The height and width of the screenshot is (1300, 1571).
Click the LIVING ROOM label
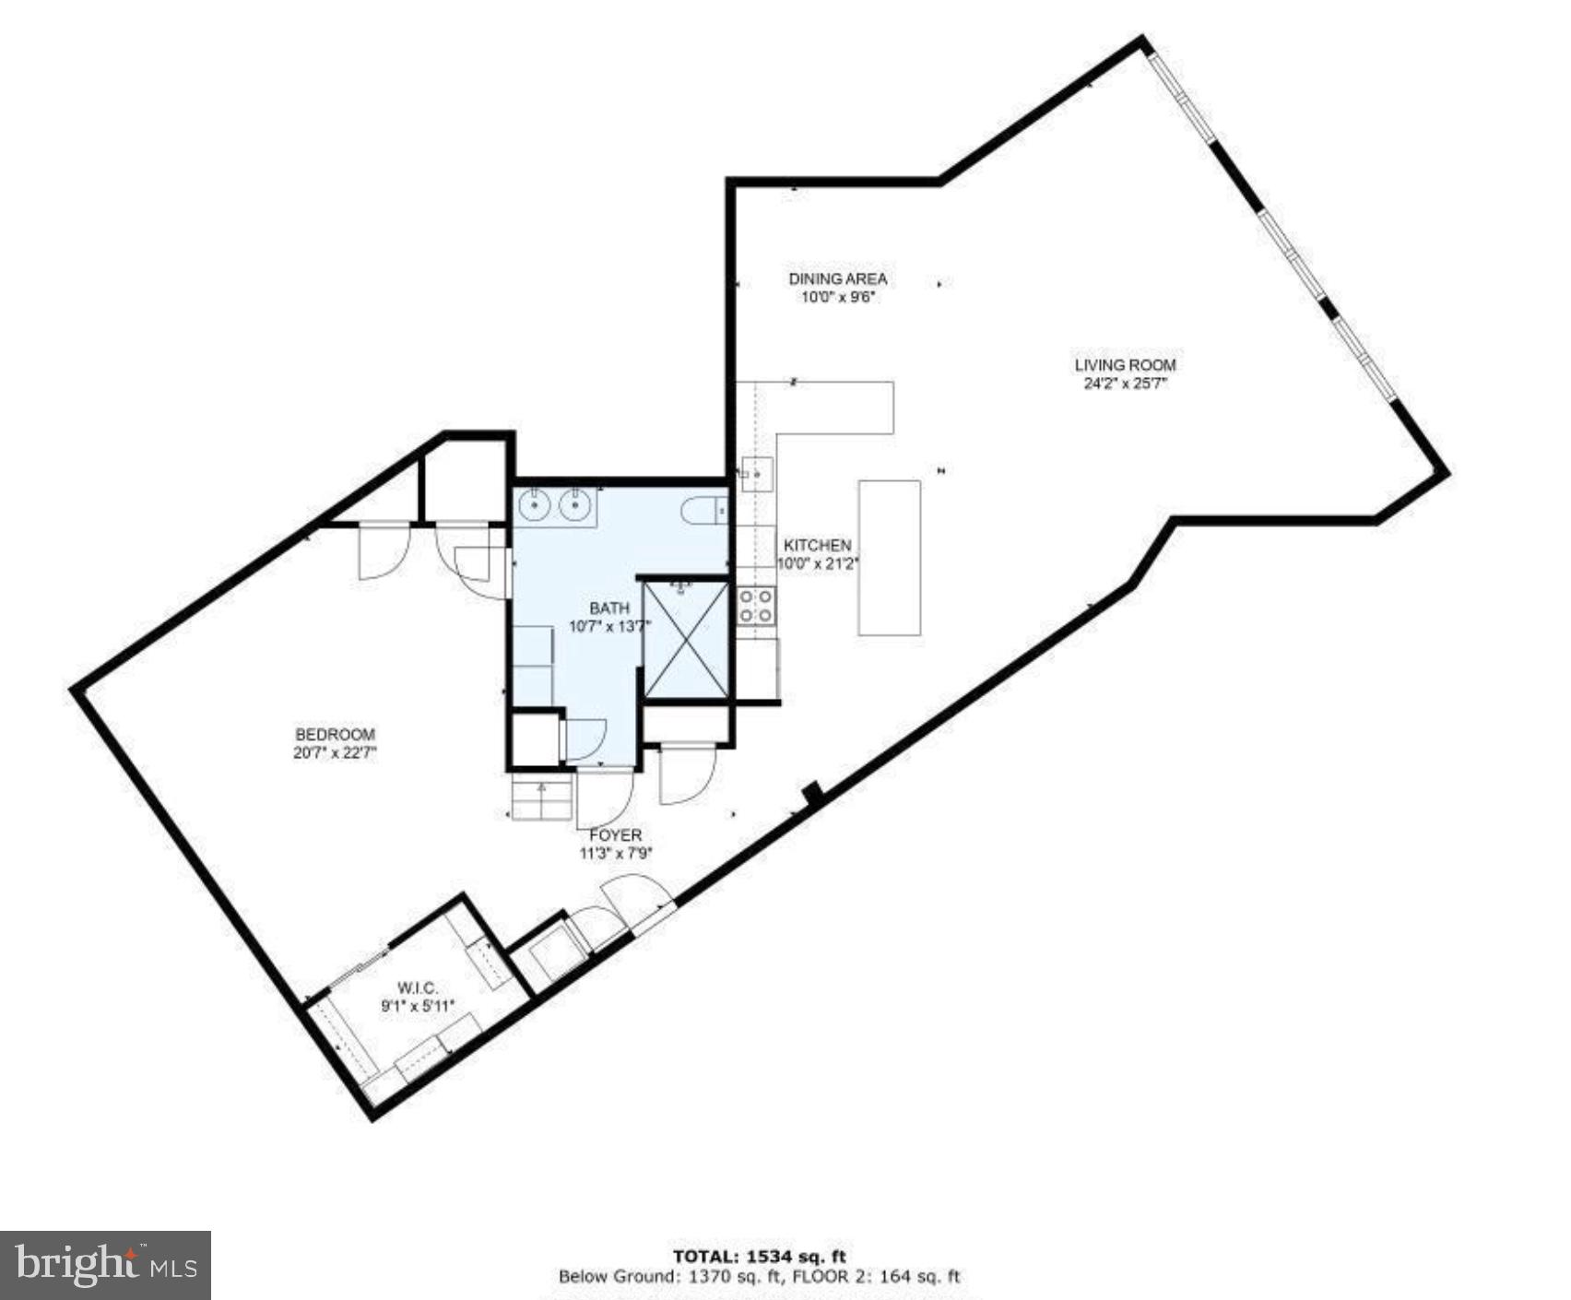[1125, 365]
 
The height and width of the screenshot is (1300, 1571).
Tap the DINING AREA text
[837, 278]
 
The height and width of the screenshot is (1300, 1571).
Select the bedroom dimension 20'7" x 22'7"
[335, 752]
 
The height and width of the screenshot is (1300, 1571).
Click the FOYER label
[616, 835]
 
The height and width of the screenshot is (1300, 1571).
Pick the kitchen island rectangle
[890, 558]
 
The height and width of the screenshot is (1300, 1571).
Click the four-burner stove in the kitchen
[756, 607]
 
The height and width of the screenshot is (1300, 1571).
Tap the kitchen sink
[757, 474]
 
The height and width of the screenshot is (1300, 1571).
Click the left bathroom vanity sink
[534, 505]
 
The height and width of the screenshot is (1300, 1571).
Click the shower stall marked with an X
[685, 639]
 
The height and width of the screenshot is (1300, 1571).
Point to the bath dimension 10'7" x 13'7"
[609, 626]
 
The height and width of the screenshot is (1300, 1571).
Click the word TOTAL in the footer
[705, 1256]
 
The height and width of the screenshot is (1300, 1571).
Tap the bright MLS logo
[105, 1265]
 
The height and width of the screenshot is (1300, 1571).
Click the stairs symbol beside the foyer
[542, 798]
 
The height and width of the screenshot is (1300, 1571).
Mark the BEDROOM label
[335, 735]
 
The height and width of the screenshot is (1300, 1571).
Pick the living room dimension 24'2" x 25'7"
[1125, 384]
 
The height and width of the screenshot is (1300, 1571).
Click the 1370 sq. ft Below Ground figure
[727, 1277]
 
